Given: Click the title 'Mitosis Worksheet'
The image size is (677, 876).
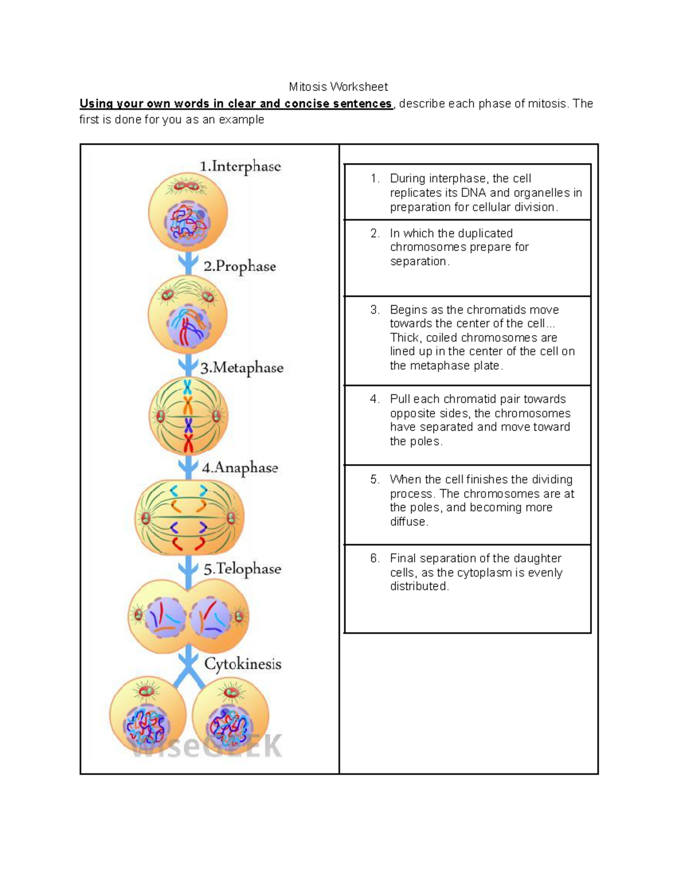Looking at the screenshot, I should (338, 87).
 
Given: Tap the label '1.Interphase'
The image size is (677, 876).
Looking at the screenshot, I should (240, 166).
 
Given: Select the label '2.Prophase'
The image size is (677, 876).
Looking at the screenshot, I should (239, 266).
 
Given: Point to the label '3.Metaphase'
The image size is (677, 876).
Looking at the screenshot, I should (241, 368).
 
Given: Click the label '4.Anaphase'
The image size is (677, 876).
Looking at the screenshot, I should (240, 468).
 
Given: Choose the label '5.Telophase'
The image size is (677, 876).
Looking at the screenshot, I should (242, 569).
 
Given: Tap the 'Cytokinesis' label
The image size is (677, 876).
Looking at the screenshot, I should (243, 664).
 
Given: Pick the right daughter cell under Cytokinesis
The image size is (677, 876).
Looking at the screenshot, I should (230, 716).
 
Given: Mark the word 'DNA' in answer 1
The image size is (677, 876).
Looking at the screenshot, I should (473, 193).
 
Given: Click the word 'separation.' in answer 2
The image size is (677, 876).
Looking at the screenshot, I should (420, 261).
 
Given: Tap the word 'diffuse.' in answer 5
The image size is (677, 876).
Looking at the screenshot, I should (409, 522).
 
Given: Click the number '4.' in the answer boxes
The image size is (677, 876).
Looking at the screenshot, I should (375, 399).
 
